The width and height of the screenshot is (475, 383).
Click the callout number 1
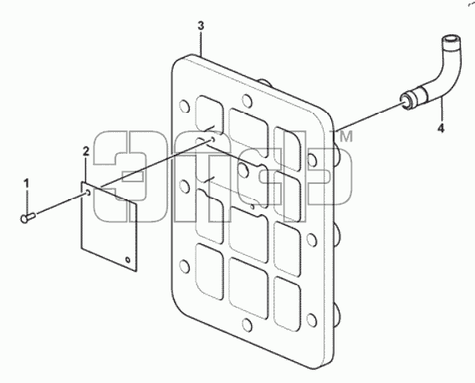click(x=27, y=184)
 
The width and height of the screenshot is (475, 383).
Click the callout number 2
click(x=86, y=151)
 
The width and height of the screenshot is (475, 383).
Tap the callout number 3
click(x=202, y=26)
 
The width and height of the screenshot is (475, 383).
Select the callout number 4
click(x=441, y=128)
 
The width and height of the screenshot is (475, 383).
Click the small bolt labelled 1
click(x=28, y=217)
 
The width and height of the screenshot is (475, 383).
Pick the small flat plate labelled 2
click(x=109, y=227)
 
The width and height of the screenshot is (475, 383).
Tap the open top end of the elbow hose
click(x=451, y=40)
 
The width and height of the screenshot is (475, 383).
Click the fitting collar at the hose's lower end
click(x=408, y=100)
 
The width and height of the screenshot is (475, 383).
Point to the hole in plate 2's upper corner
click(x=88, y=192)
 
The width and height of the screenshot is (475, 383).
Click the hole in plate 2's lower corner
click(x=128, y=260)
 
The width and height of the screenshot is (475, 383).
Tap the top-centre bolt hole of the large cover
click(x=247, y=101)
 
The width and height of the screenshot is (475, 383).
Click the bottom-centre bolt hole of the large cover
click(x=248, y=325)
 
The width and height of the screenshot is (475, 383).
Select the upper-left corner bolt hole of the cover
click(x=184, y=106)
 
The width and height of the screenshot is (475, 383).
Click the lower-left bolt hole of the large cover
click(x=184, y=266)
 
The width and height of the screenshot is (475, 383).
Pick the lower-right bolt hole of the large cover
click(x=312, y=319)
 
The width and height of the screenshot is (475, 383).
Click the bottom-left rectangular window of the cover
click(x=210, y=271)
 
